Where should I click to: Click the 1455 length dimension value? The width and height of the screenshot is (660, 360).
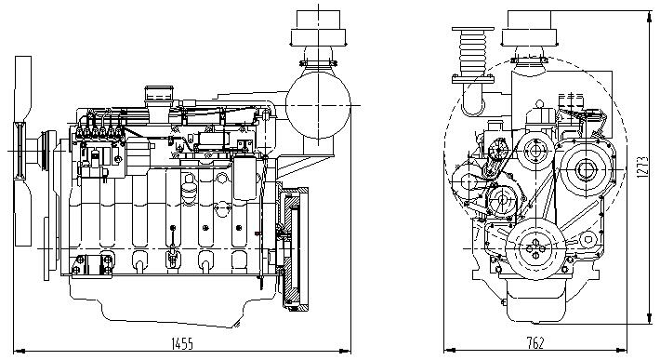click(182, 343)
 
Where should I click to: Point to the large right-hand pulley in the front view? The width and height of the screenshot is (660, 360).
click(585, 170)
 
